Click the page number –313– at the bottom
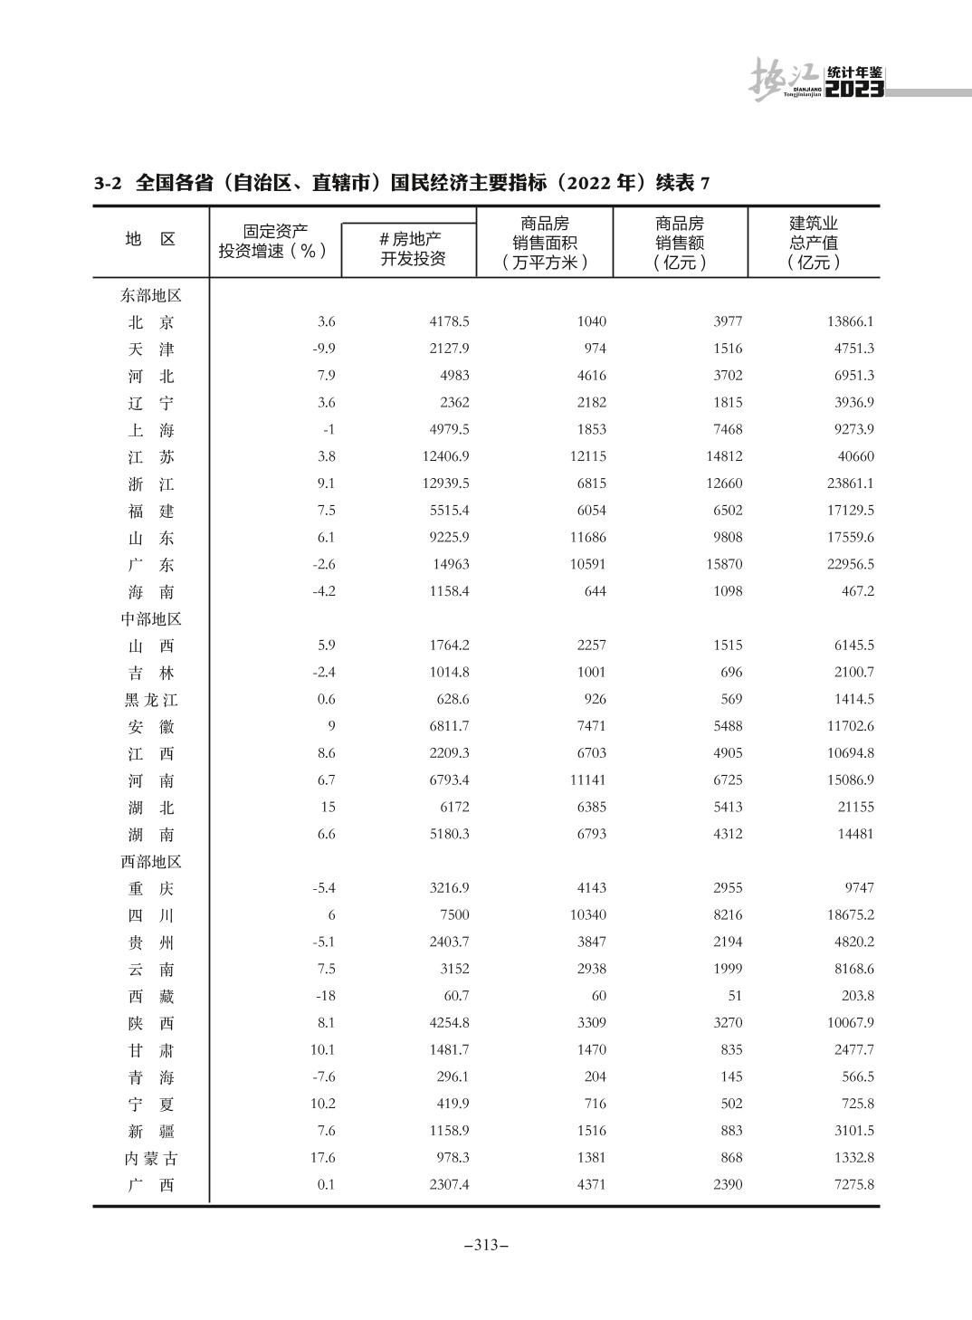click(x=486, y=1245)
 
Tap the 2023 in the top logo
click(x=855, y=89)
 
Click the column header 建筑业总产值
click(x=814, y=243)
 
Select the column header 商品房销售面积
click(x=545, y=243)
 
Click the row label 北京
click(x=151, y=322)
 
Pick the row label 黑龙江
click(x=151, y=700)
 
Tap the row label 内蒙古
click(x=151, y=1158)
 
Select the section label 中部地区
click(x=151, y=619)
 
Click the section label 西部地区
click(x=151, y=862)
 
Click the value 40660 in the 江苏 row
click(x=854, y=457)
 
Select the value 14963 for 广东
click(x=449, y=565)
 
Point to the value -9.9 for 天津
click(x=324, y=349)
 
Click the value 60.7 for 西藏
click(x=456, y=996)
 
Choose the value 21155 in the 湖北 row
click(x=854, y=808)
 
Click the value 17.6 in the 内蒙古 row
click(x=323, y=1158)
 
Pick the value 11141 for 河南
click(x=587, y=780)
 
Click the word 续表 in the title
click(x=675, y=183)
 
